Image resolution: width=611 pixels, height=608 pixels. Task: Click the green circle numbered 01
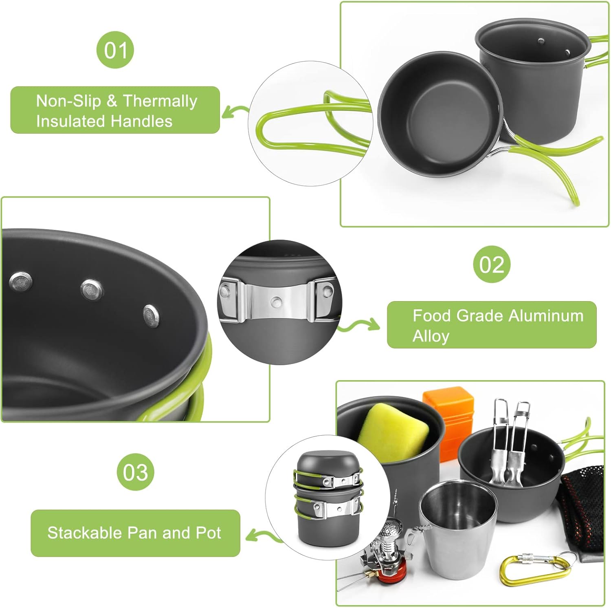[115, 50]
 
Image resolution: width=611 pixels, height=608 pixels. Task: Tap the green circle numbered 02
[492, 264]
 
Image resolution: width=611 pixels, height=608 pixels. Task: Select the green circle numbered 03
[136, 472]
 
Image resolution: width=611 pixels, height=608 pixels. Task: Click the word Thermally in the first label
[160, 101]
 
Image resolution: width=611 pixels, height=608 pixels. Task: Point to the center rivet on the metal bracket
[277, 302]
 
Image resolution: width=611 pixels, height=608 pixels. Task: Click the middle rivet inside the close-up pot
[92, 290]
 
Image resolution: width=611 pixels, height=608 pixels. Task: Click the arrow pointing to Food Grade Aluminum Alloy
[358, 325]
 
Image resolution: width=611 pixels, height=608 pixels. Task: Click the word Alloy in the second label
[431, 336]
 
